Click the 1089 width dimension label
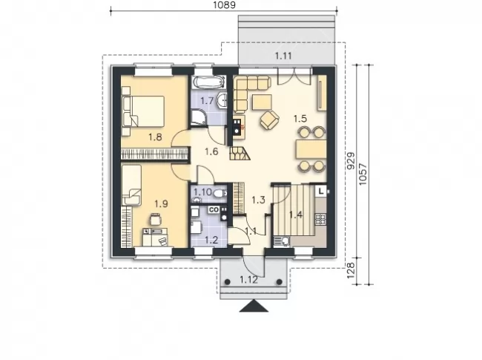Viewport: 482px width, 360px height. click(x=224, y=5)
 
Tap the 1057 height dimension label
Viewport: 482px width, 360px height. click(x=363, y=174)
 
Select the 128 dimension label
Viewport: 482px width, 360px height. click(x=351, y=270)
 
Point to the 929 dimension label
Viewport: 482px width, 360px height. click(x=351, y=161)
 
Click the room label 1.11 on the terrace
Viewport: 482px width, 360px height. click(x=283, y=56)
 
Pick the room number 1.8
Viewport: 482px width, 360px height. click(x=155, y=137)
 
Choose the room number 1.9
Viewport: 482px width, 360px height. click(x=161, y=203)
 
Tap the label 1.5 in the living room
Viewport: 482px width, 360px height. click(x=300, y=119)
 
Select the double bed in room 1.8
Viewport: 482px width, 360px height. click(x=143, y=111)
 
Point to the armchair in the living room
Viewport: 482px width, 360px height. click(x=270, y=120)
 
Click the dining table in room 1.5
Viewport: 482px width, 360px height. click(x=311, y=149)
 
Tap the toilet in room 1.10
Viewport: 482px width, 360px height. click(x=219, y=194)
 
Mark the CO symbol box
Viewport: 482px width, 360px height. click(x=214, y=210)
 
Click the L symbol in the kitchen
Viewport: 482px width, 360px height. click(x=321, y=191)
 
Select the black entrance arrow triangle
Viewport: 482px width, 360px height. click(x=254, y=306)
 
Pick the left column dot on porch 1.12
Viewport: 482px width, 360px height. click(x=228, y=282)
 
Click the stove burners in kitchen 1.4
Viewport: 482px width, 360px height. click(x=320, y=219)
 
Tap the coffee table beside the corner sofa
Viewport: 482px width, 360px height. click(x=262, y=102)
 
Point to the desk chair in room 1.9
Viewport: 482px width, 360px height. click(x=155, y=220)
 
